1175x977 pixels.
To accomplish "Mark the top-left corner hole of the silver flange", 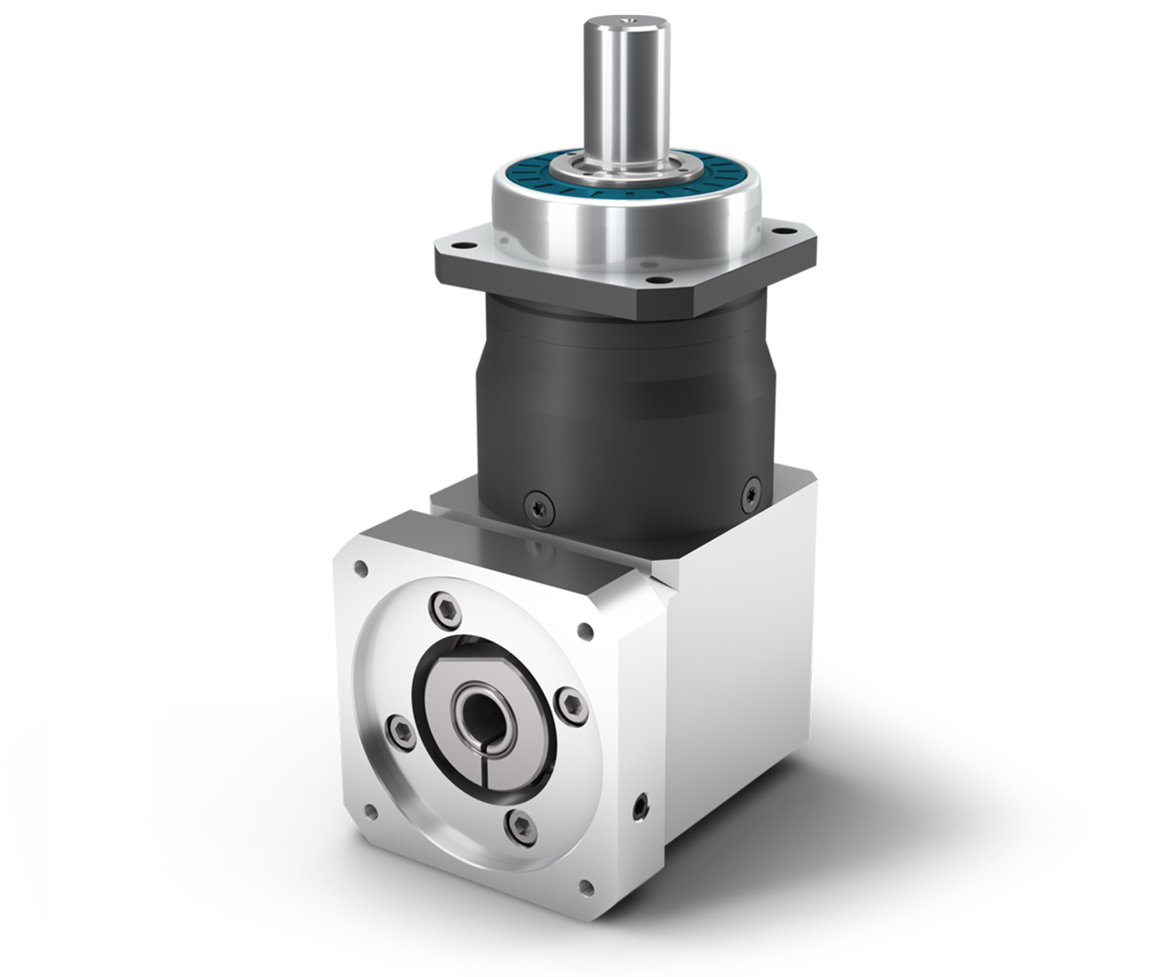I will pos(361,570).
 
